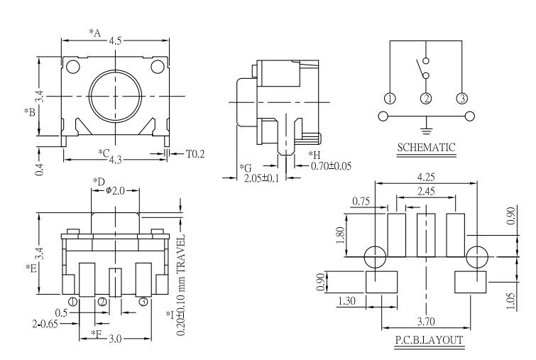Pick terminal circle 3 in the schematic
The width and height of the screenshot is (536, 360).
tap(461, 98)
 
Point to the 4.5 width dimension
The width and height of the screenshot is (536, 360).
tap(116, 41)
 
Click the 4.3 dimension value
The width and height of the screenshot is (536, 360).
tap(116, 161)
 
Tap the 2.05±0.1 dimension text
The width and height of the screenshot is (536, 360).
tap(261, 178)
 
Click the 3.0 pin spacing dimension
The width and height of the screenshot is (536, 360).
tap(114, 337)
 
